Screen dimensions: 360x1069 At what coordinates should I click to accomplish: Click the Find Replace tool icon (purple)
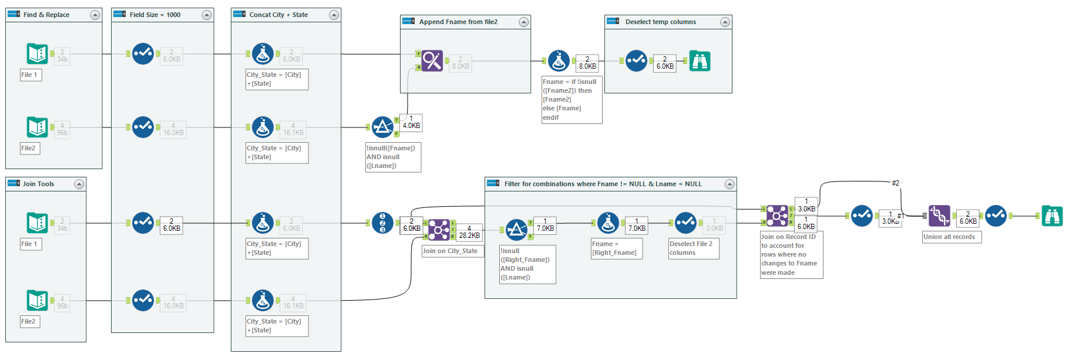click(432, 61)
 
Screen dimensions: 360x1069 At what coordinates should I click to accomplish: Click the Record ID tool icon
click(382, 223)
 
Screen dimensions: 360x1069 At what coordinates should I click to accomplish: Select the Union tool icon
click(939, 216)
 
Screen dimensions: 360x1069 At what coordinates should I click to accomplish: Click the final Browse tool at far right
click(1052, 216)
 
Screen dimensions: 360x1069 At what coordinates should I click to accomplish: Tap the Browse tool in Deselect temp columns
click(700, 61)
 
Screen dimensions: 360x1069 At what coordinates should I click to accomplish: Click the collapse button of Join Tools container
click(79, 184)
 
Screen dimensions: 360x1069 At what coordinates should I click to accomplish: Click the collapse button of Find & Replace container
click(95, 15)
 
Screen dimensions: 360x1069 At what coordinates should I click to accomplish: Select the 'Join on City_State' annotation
click(451, 251)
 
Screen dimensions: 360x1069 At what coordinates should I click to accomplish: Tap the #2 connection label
click(895, 183)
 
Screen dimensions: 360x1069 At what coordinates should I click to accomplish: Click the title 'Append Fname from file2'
click(458, 22)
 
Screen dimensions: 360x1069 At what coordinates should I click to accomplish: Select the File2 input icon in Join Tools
click(37, 301)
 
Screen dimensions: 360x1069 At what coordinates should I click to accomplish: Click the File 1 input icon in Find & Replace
click(37, 54)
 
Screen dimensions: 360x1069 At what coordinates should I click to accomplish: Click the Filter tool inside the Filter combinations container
click(516, 230)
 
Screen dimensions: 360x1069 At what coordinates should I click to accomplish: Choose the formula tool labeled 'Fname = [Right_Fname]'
click(608, 223)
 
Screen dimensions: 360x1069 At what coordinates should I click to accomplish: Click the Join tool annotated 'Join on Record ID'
click(776, 216)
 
